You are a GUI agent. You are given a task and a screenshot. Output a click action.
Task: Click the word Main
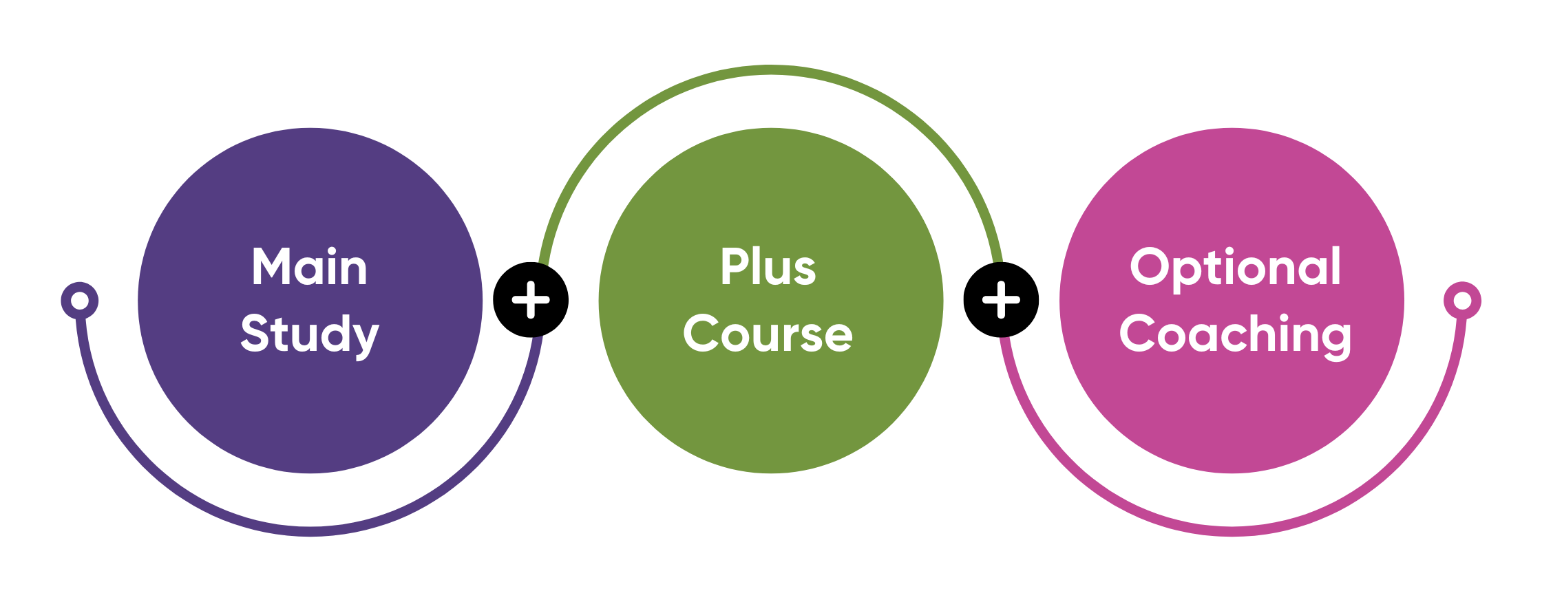(x=309, y=267)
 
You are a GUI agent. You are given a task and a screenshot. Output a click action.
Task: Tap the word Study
(x=309, y=334)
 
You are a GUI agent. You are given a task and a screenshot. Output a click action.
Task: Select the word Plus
(x=768, y=267)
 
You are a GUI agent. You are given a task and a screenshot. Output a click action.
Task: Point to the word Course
(x=768, y=334)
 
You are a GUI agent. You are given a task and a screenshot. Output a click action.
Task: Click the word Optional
(x=1235, y=267)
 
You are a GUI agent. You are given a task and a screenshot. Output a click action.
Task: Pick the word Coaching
(x=1235, y=334)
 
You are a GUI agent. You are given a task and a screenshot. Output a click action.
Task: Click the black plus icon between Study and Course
(x=531, y=300)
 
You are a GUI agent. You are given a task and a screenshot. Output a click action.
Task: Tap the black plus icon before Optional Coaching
(x=1001, y=300)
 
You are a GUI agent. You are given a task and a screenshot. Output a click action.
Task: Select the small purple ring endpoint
(x=80, y=301)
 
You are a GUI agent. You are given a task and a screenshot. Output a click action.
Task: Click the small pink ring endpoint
(x=1462, y=301)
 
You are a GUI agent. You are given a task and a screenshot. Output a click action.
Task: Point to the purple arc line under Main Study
(x=310, y=531)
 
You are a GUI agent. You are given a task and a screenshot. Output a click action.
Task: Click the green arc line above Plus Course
(x=770, y=69)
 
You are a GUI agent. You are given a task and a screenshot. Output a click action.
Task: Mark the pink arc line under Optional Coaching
(x=1232, y=531)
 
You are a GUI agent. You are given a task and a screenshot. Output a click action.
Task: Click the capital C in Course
(x=699, y=334)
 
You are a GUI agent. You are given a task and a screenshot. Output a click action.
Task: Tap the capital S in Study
(x=254, y=334)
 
